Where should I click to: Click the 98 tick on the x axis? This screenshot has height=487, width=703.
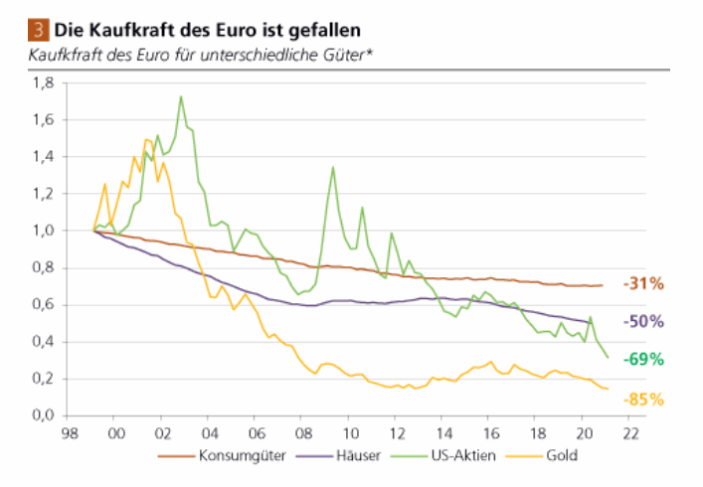coord(69,434)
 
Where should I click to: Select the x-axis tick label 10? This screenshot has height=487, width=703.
coord(350,434)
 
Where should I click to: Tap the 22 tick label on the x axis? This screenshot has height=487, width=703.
coord(630,434)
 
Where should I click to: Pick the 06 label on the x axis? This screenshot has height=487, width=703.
coord(256,434)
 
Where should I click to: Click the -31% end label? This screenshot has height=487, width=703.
coord(642,284)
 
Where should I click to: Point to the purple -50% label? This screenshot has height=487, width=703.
coord(642,322)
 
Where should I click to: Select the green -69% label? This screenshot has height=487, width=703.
coord(642,359)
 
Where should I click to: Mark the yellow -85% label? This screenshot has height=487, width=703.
coord(642,400)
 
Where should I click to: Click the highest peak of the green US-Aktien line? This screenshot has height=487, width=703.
coord(180,96)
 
